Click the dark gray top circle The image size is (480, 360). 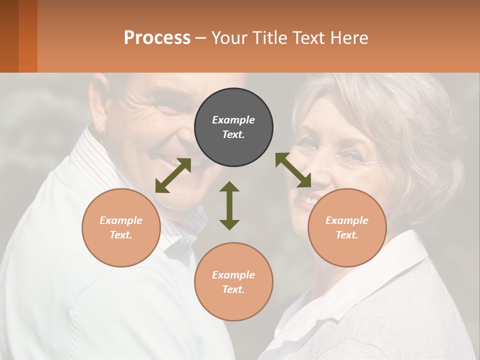233,127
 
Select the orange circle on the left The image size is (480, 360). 121,227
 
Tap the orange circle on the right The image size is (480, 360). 347,227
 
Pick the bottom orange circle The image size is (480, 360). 233,282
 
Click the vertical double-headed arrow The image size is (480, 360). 229,205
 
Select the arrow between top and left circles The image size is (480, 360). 173,175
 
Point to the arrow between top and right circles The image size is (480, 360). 293,170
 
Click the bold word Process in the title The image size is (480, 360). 157,37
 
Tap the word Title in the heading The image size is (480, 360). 269,37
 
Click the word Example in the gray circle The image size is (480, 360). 233,120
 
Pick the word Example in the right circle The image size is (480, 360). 347,220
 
